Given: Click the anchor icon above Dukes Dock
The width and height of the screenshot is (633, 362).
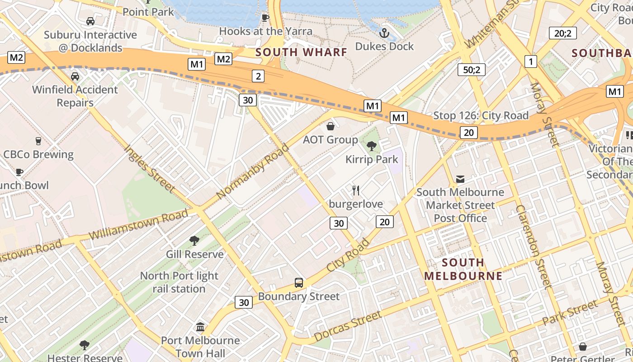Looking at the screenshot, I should point(384,33).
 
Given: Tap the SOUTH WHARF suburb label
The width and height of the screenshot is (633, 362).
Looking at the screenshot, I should point(302,52).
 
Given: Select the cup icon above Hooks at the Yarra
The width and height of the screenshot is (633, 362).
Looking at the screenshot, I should point(265,18).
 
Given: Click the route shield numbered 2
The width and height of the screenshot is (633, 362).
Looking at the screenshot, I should point(258,76).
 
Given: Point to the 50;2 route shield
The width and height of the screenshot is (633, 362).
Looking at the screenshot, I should point(471,69).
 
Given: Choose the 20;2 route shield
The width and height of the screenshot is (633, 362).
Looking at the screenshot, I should point(562,33).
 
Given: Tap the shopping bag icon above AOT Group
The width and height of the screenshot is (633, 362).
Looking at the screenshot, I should point(331,126).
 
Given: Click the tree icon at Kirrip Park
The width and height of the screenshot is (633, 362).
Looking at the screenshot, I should point(372,146).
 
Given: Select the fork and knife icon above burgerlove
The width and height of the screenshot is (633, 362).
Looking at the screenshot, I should point(356,191).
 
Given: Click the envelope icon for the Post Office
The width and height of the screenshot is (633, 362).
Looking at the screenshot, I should point(460,179).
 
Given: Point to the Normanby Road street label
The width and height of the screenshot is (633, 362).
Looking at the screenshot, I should point(252,171).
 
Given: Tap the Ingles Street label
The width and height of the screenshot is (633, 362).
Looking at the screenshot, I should point(149,168).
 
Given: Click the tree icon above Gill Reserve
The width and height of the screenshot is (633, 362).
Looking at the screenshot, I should point(194,241).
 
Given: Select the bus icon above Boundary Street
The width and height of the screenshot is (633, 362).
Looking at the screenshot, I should point(298,283).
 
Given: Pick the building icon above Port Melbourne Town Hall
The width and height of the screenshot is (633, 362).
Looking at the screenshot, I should point(200,327).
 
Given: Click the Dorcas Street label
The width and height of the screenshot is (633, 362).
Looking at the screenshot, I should point(348,327).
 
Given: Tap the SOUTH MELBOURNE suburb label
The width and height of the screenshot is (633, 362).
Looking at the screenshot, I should point(463,269).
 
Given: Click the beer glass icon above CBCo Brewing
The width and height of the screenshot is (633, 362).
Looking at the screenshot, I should point(38,141).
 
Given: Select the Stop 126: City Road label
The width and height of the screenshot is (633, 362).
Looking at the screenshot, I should point(481,116).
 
